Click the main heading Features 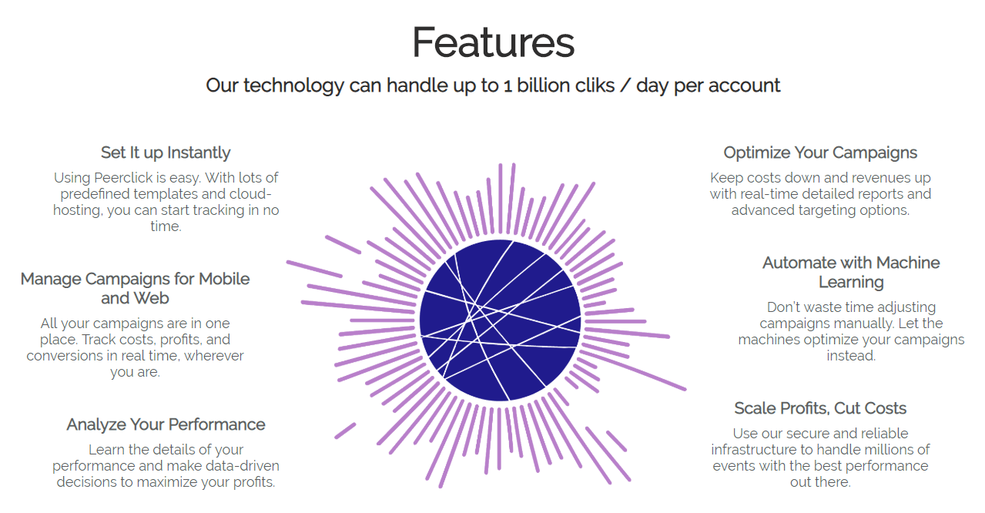[493, 42]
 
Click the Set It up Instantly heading [166, 153]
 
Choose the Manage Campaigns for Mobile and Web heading [135, 288]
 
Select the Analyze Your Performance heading [166, 424]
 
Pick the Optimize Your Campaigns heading [820, 153]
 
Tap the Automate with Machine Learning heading [851, 272]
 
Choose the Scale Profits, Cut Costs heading [820, 408]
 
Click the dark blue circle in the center [500, 320]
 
